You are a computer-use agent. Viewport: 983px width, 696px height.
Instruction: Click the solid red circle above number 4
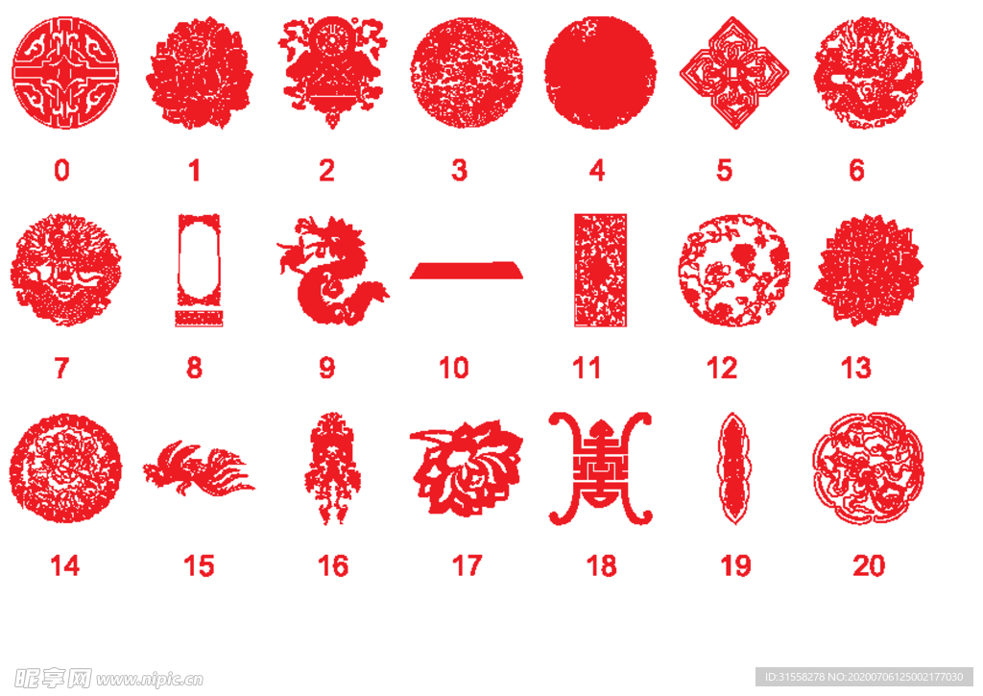click(x=600, y=73)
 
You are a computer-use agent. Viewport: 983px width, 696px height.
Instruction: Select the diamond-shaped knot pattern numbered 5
click(x=734, y=73)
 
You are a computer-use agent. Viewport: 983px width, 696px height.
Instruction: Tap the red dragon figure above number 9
click(x=331, y=271)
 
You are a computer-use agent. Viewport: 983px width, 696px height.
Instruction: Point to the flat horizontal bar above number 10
click(x=467, y=271)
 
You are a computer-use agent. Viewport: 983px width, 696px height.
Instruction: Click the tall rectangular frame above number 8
click(x=199, y=271)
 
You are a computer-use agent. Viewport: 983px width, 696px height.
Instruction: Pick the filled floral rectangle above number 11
click(x=601, y=271)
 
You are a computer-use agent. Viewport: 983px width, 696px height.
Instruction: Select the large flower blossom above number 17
click(x=467, y=469)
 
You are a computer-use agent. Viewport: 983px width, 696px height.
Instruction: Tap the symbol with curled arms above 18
click(x=601, y=468)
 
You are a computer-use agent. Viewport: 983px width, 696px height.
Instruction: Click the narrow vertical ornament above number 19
click(x=734, y=468)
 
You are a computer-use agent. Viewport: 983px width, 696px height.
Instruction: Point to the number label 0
click(x=61, y=171)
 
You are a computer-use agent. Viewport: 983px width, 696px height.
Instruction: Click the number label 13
click(x=855, y=368)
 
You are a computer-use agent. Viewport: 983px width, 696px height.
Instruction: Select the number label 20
click(x=868, y=566)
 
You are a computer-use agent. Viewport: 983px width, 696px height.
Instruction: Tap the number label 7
click(x=61, y=368)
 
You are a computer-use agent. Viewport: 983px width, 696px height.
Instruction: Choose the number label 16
click(x=333, y=566)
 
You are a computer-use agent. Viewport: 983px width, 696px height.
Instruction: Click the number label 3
click(x=460, y=171)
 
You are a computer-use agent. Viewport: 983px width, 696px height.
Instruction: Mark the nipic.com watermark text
click(x=150, y=680)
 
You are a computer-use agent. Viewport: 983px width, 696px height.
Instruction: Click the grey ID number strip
click(x=864, y=677)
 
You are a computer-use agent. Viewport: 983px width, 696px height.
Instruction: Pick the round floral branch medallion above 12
click(x=734, y=271)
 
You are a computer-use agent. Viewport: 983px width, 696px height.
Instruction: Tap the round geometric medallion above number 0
click(x=65, y=73)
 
